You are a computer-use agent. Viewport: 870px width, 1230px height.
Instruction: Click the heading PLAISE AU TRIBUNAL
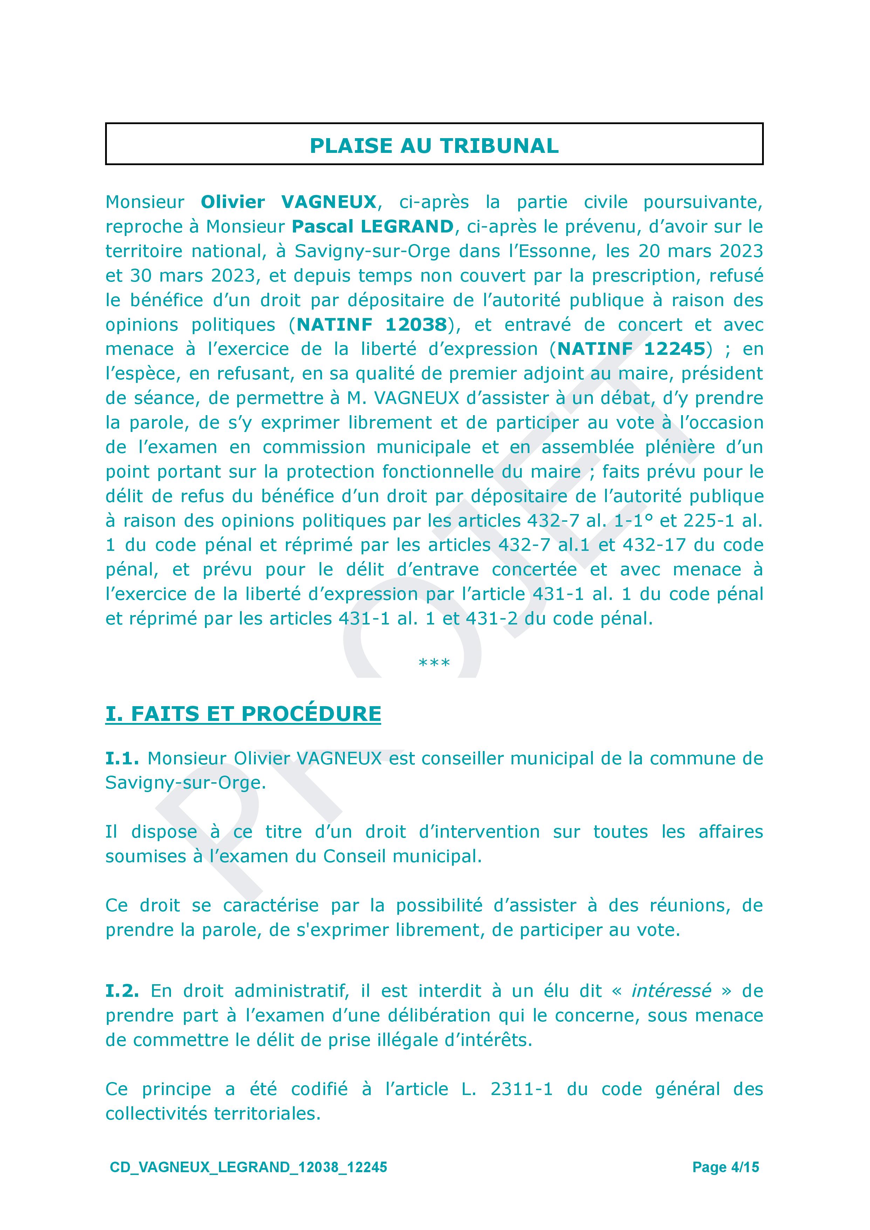click(x=434, y=146)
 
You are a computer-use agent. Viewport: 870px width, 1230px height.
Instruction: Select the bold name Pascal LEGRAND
click(x=373, y=227)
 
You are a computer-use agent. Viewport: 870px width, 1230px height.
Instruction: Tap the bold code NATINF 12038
click(x=372, y=325)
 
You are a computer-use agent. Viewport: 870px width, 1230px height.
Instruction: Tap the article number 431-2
click(x=492, y=619)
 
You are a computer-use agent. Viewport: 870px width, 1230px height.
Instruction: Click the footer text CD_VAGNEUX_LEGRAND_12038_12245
click(x=248, y=1168)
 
